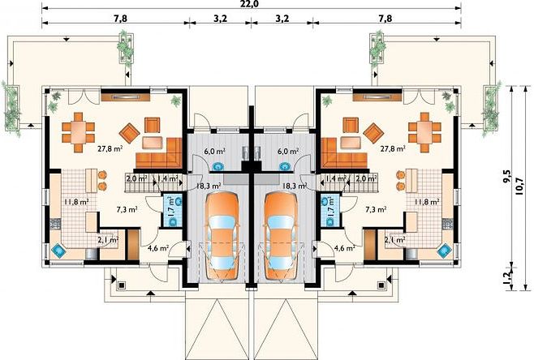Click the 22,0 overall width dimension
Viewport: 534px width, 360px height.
coord(252,3)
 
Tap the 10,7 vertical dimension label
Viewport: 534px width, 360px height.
coord(519,186)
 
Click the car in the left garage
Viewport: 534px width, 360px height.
coord(222,238)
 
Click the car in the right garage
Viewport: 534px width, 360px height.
coord(282,238)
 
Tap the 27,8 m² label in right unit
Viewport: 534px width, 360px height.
coord(394,148)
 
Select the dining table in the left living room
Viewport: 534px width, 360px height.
coord(79,132)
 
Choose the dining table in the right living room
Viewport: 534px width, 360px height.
coord(424,132)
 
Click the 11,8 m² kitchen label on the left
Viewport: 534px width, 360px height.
coord(76,202)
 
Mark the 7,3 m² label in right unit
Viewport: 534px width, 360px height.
coord(376,210)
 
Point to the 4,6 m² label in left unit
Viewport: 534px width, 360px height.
coord(158,248)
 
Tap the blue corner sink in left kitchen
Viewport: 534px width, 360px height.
coord(58,251)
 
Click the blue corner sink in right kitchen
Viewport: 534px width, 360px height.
coord(445,251)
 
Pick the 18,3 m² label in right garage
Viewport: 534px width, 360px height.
coord(295,186)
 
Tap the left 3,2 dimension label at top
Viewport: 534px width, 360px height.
coord(221,19)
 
